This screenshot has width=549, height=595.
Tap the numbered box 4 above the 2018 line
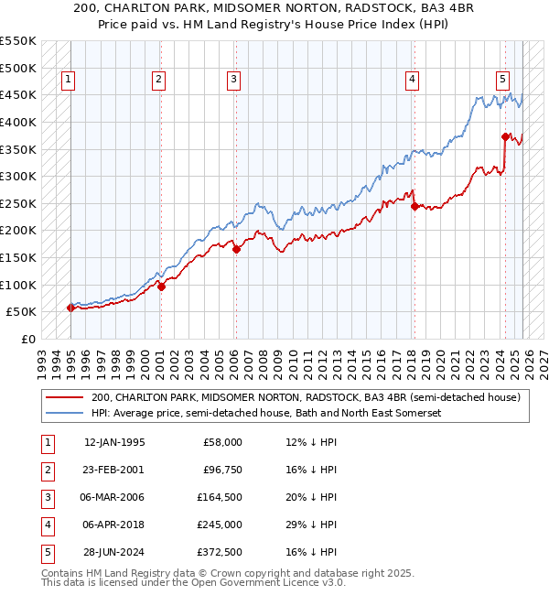tap(413, 81)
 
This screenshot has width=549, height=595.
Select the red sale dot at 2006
tap(236, 248)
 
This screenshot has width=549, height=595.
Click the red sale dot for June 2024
tap(504, 136)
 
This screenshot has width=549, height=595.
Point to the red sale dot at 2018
tap(414, 206)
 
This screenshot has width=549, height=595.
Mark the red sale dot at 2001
tap(161, 287)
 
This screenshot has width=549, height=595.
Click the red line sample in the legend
tap(64, 398)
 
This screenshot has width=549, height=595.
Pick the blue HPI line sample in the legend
tap(64, 414)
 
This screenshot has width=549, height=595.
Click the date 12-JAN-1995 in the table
tap(113, 442)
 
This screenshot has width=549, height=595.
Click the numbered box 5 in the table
tap(47, 552)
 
